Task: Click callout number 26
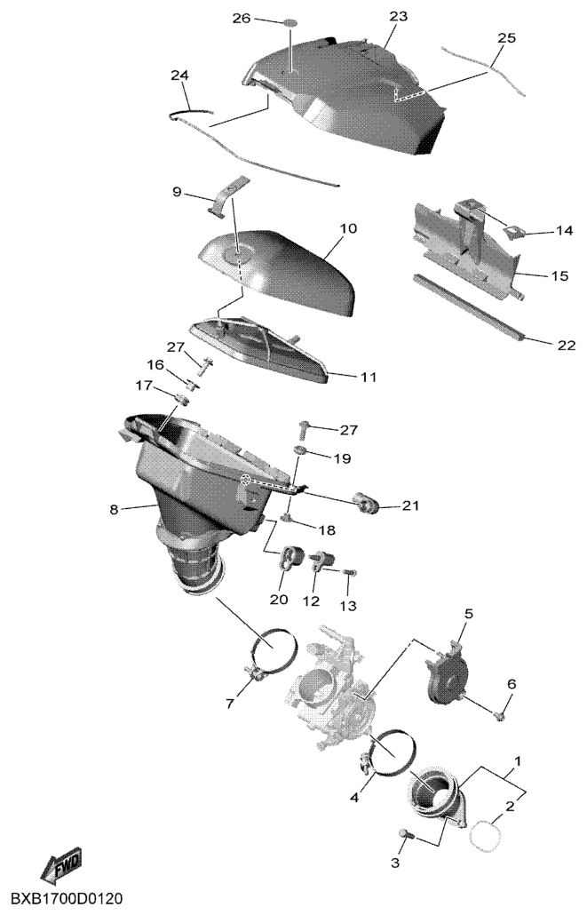[x=242, y=19]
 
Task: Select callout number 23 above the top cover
[x=399, y=17]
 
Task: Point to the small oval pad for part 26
[x=290, y=24]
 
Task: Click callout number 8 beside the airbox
[x=114, y=509]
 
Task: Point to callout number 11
[x=368, y=377]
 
